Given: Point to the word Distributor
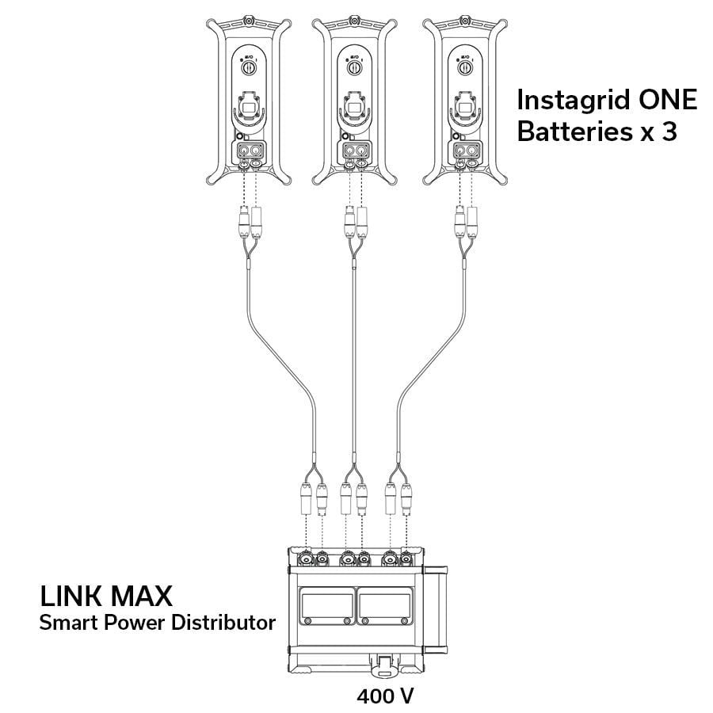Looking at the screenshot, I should pos(223,623).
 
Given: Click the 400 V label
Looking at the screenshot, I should pos(385,697).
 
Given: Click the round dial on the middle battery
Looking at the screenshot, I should pos(354,69).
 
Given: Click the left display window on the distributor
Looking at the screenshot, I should pos(324,608).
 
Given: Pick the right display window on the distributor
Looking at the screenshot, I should pos(386,608).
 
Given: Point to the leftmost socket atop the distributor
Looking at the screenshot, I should pos(304,560).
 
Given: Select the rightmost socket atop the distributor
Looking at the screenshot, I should pos(407,560).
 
